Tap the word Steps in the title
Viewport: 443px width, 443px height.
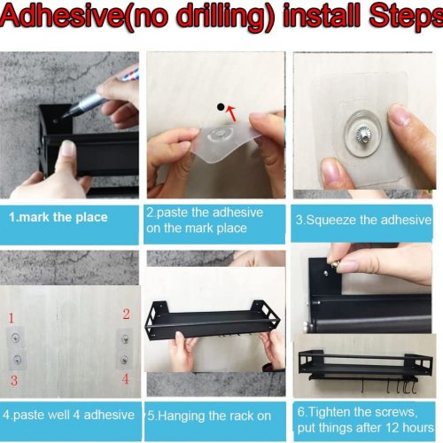pyautogui.click(x=406, y=16)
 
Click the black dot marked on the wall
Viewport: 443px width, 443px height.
pyautogui.click(x=221, y=107)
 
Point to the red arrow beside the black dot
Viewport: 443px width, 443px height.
pyautogui.click(x=231, y=114)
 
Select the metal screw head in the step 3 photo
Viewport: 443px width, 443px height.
pyautogui.click(x=362, y=134)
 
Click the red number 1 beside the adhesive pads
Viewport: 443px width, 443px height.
pyautogui.click(x=12, y=318)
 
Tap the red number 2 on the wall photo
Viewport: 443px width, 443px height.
pyautogui.click(x=126, y=314)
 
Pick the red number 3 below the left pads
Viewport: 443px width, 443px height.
pyautogui.click(x=14, y=380)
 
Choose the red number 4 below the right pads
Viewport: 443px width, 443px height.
pyautogui.click(x=126, y=378)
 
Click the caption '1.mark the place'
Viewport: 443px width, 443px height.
pyautogui.click(x=58, y=217)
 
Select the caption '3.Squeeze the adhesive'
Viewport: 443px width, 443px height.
pyautogui.click(x=363, y=220)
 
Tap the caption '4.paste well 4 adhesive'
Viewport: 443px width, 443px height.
pyautogui.click(x=68, y=415)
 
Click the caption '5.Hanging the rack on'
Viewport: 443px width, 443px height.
pyautogui.click(x=209, y=416)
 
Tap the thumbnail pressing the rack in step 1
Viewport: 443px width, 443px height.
pyautogui.click(x=68, y=149)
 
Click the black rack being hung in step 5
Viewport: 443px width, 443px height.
pyautogui.click(x=212, y=322)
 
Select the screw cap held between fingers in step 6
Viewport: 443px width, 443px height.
pyautogui.click(x=334, y=264)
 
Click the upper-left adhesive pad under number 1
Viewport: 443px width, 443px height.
pyautogui.click(x=15, y=338)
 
